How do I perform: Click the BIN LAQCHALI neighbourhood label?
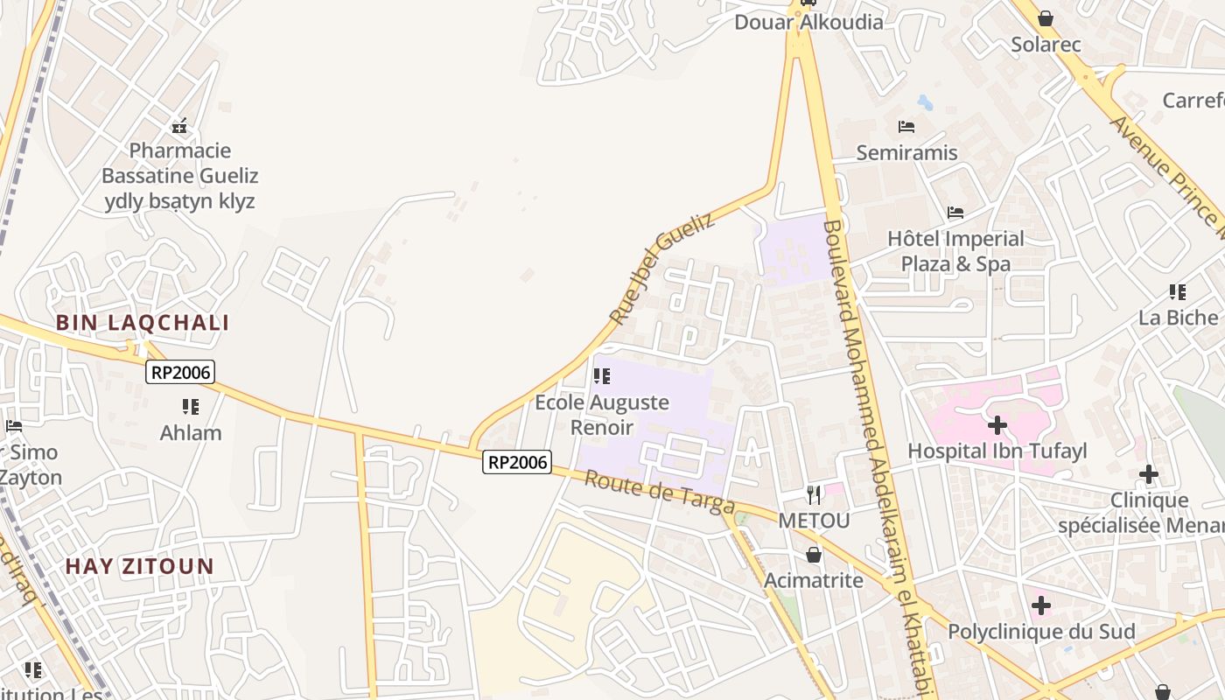pyautogui.click(x=143, y=323)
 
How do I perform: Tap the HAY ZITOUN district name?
pyautogui.click(x=140, y=566)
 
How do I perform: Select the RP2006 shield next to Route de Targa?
pyautogui.click(x=517, y=462)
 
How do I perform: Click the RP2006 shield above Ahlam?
pyautogui.click(x=180, y=372)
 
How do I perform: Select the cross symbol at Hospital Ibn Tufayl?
pyautogui.click(x=997, y=426)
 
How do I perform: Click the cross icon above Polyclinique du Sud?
pyautogui.click(x=1041, y=605)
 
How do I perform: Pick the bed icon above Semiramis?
pyautogui.click(x=906, y=127)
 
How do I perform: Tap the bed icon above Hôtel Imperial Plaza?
pyautogui.click(x=955, y=213)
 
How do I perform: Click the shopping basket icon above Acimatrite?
pyautogui.click(x=814, y=555)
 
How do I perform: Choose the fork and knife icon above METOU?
pyautogui.click(x=814, y=495)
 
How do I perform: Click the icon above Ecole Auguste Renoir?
pyautogui.click(x=602, y=376)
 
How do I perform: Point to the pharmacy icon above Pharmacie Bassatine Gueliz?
pyautogui.click(x=179, y=126)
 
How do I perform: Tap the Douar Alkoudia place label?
pyautogui.click(x=808, y=23)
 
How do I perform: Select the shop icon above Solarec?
pyautogui.click(x=1046, y=18)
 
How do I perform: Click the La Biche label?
pyautogui.click(x=1178, y=318)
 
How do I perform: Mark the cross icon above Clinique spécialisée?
pyautogui.click(x=1149, y=475)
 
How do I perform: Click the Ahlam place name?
pyautogui.click(x=191, y=433)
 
